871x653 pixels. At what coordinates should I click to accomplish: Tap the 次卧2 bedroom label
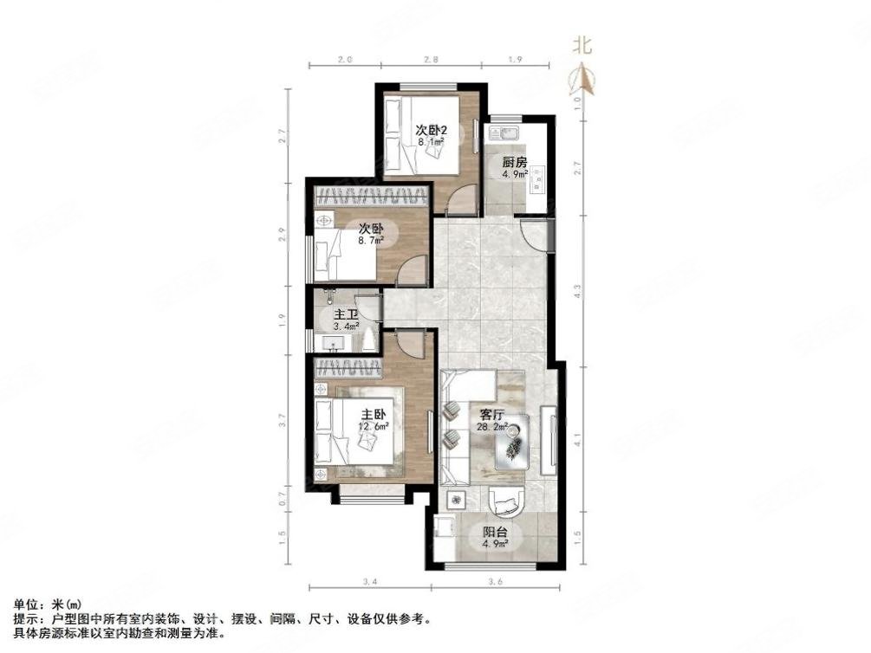pos(430,132)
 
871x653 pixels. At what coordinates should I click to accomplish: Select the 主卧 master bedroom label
pos(374,414)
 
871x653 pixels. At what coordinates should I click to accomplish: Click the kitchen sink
pos(504,133)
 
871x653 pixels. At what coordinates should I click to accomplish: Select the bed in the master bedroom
pos(360,432)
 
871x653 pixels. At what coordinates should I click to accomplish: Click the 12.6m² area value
pos(374,426)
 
